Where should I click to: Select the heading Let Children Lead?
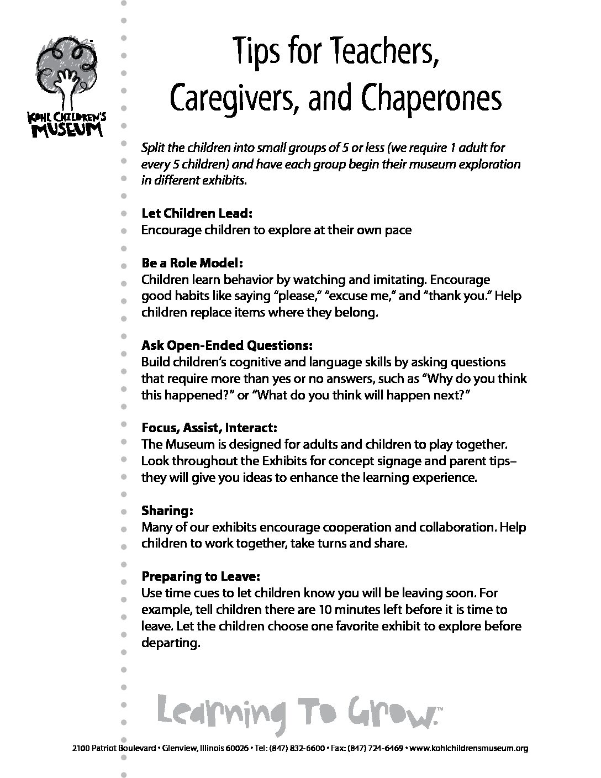(189, 213)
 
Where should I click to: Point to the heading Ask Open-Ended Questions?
(227, 345)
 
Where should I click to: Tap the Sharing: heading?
(167, 510)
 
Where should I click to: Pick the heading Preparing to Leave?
(201, 576)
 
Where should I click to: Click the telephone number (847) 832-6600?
(296, 749)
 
